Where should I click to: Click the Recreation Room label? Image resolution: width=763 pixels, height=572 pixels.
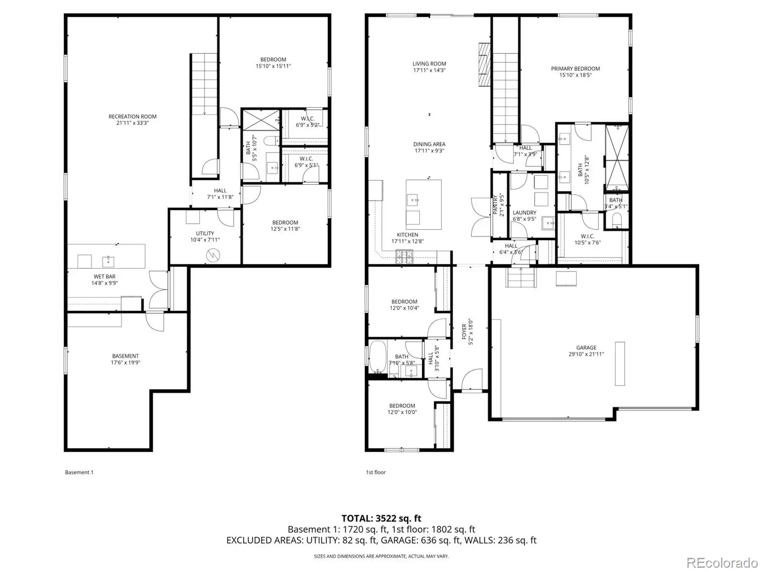[133, 120]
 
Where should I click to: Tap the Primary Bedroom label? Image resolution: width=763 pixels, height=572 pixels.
[575, 72]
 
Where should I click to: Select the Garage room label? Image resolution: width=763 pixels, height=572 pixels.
[586, 351]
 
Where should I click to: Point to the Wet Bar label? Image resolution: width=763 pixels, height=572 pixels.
[104, 280]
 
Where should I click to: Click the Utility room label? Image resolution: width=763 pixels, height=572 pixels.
[205, 237]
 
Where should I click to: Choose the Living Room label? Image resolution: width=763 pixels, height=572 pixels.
[429, 67]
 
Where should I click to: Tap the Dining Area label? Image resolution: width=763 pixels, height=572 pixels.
[429, 147]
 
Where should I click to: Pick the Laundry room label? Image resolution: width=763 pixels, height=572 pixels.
[525, 216]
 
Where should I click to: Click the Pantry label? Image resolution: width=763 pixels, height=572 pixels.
[498, 205]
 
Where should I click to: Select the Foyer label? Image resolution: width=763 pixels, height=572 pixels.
[467, 332]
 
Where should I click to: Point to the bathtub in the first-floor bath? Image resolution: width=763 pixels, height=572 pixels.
[378, 357]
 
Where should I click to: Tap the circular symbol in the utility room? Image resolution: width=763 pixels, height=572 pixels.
[213, 256]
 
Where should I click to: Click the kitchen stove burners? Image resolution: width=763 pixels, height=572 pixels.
[404, 257]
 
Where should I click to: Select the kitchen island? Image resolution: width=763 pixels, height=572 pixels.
[424, 205]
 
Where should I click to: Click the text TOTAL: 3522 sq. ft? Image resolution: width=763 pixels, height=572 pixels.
[381, 518]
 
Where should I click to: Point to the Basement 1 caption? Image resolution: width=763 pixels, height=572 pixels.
[79, 472]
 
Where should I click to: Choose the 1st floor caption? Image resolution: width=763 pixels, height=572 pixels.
[376, 472]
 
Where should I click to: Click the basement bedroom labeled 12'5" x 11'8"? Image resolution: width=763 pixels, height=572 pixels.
[285, 226]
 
